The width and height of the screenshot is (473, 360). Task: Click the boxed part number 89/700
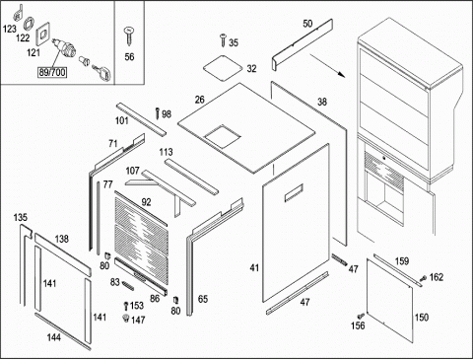(x=52, y=72)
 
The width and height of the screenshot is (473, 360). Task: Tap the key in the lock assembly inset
(x=102, y=72)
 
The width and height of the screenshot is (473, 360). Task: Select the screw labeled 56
(x=128, y=36)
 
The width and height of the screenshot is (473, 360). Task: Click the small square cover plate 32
(x=224, y=68)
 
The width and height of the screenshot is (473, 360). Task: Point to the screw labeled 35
(x=223, y=39)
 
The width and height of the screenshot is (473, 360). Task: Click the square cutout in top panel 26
(x=223, y=136)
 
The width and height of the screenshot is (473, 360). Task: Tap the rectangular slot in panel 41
(x=294, y=192)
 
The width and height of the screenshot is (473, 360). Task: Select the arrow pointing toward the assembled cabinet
(x=327, y=66)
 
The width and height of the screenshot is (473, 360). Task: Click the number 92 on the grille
(x=146, y=202)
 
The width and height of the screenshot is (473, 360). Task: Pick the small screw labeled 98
(x=158, y=113)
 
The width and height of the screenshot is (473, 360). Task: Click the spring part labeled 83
(x=128, y=285)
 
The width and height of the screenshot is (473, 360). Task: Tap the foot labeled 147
(x=125, y=318)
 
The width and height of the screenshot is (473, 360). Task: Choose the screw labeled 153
(x=125, y=306)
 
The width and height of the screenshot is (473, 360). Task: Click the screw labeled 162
(x=424, y=278)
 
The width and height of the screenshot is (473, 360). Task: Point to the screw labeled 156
(x=361, y=316)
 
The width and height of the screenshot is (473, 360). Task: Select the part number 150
(x=422, y=318)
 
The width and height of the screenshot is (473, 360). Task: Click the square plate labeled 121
(x=42, y=34)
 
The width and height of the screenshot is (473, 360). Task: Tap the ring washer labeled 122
(x=29, y=24)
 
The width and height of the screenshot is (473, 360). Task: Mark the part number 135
(x=21, y=217)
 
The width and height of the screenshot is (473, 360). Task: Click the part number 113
(x=166, y=152)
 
